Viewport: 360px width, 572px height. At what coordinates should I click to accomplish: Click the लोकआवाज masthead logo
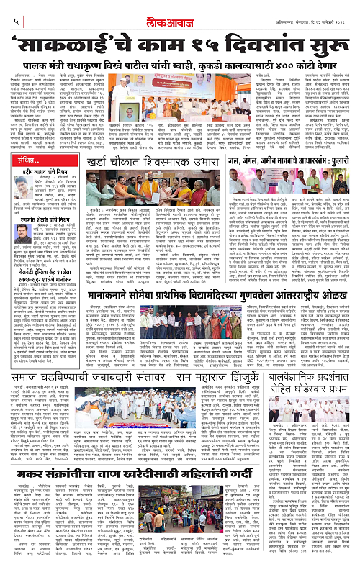(x=179, y=9)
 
